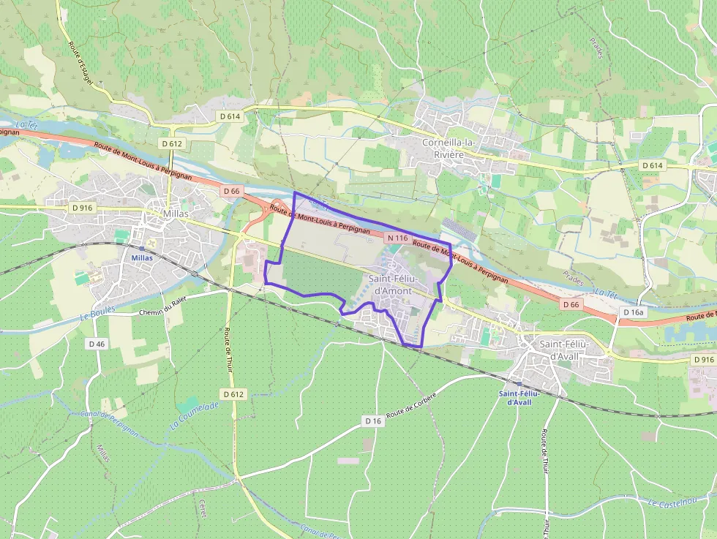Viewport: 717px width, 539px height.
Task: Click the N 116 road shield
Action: [x=397, y=238]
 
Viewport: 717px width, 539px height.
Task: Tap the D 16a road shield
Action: [x=634, y=312]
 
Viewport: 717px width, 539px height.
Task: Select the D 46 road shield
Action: [x=97, y=344]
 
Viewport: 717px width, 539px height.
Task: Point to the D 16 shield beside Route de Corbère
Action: [x=372, y=421]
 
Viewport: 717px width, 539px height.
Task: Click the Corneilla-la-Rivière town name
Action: [x=454, y=148]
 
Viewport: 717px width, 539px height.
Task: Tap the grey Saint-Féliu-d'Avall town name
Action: [x=565, y=350]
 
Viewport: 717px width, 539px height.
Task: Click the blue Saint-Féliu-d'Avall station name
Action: [x=519, y=397]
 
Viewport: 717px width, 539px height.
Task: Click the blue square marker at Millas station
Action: [x=141, y=249]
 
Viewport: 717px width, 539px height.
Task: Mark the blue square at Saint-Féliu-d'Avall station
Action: [x=519, y=383]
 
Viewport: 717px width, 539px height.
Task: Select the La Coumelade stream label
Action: [x=194, y=415]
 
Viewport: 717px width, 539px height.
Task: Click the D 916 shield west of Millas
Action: [x=83, y=208]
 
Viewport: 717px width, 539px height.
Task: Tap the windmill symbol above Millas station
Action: [x=151, y=242]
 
